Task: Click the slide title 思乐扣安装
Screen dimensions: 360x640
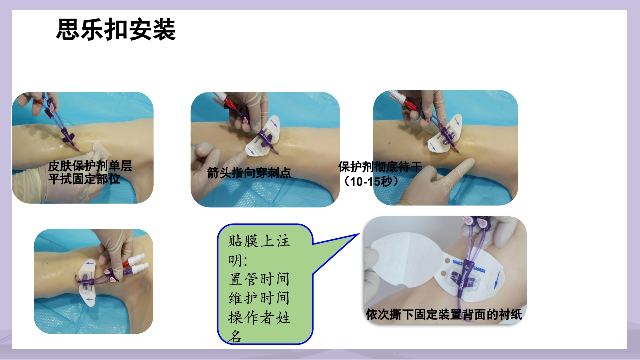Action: (x=116, y=30)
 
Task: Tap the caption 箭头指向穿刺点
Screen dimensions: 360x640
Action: (x=249, y=173)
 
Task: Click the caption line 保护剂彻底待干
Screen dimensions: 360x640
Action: (x=380, y=167)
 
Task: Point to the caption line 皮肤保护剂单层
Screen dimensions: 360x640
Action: (x=90, y=166)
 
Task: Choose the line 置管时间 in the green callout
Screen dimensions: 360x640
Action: (x=259, y=279)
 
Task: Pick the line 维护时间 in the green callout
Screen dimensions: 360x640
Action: (x=259, y=299)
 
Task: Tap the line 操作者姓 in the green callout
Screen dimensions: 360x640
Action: (x=259, y=318)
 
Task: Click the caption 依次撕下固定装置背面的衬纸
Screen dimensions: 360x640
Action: (x=444, y=315)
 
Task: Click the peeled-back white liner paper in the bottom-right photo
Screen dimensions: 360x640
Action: (x=395, y=260)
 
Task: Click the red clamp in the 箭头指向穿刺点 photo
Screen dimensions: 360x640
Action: (x=230, y=103)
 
